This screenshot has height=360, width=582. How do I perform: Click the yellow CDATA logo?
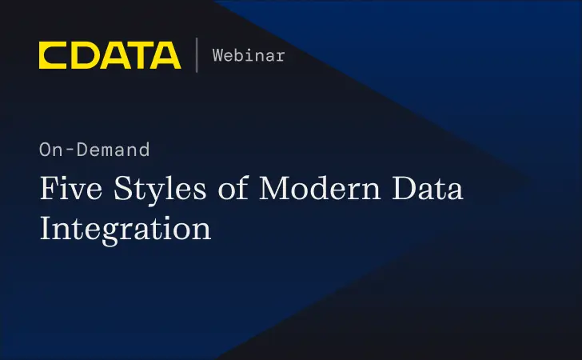(x=110, y=55)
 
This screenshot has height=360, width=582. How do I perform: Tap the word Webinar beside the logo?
(x=249, y=55)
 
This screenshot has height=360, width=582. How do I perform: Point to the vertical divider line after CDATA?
(x=196, y=55)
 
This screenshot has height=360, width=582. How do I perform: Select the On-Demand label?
(x=94, y=149)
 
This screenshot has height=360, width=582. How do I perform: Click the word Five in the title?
(x=70, y=190)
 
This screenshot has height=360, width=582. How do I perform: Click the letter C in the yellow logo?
(x=53, y=55)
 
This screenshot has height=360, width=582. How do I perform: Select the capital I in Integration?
(x=46, y=228)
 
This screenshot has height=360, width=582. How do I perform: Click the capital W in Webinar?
(x=217, y=55)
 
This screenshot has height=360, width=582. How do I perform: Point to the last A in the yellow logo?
(x=166, y=55)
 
